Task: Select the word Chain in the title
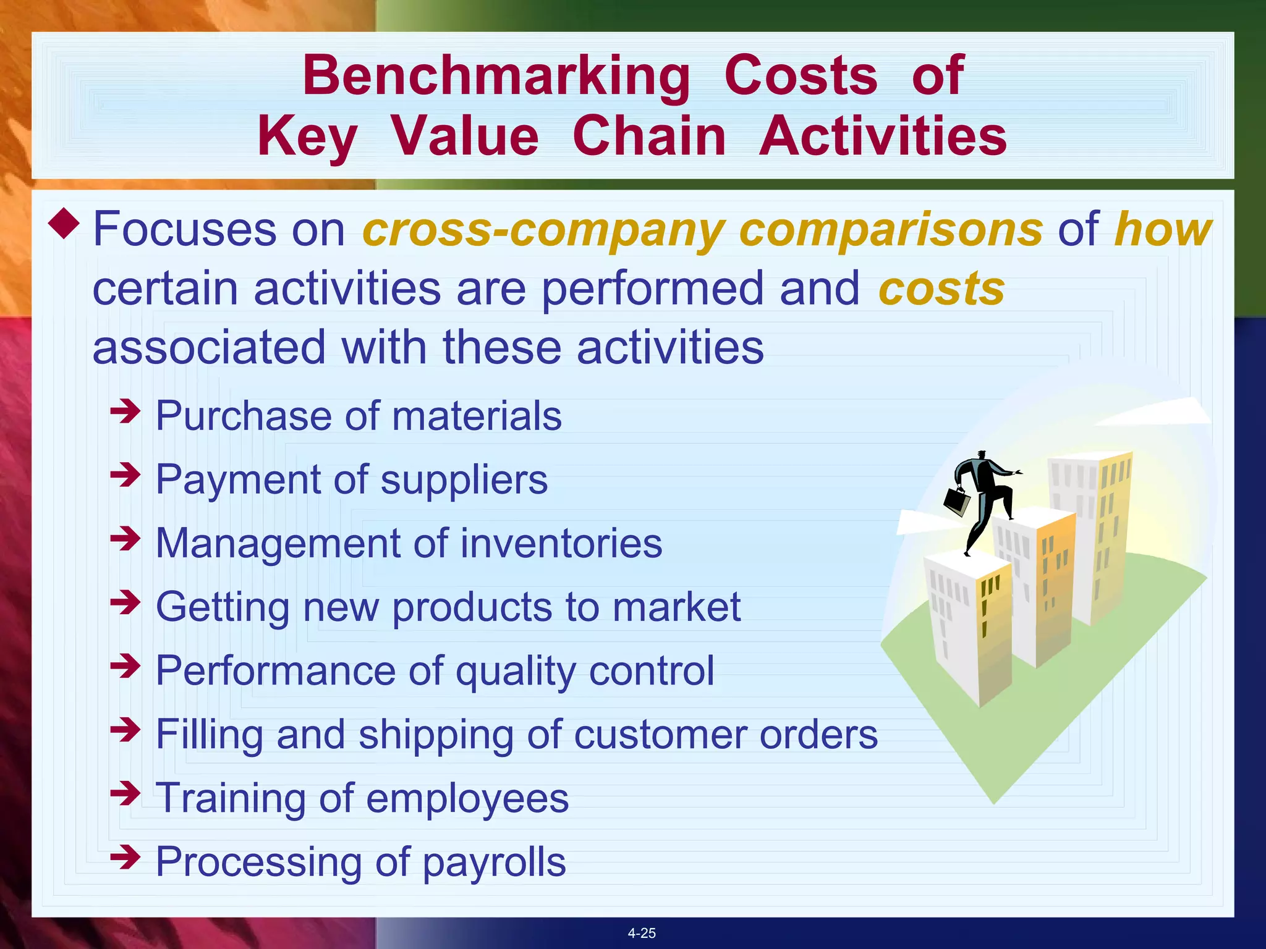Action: coord(649,137)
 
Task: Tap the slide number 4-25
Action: coord(642,933)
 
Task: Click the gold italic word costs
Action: coord(941,289)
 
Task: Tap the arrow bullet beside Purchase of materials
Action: coord(125,411)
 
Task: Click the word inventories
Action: coord(561,544)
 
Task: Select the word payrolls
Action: coord(494,863)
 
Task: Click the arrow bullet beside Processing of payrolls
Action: coord(125,858)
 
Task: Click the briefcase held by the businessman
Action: coord(957,501)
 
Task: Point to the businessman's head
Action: coord(981,455)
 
